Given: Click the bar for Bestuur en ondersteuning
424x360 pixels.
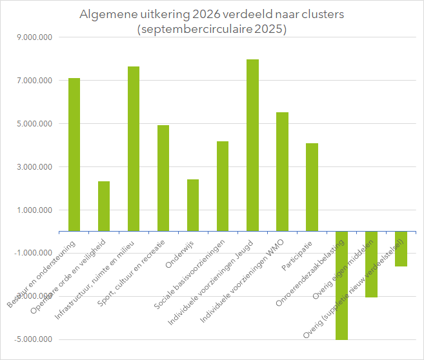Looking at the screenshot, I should point(74,154).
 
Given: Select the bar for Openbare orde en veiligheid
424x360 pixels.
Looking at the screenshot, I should point(104,206).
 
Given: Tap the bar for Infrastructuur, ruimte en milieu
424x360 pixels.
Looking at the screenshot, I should point(134,148).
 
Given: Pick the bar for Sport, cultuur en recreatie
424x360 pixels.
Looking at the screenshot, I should point(163,178).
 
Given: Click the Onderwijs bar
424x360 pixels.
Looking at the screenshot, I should point(193,205).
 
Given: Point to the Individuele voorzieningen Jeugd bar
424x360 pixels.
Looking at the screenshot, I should point(252,145).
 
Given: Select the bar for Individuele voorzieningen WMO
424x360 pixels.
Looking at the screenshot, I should point(282,172).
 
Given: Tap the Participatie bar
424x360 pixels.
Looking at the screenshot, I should point(312,187).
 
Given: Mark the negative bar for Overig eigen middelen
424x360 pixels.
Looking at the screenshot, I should point(371,264).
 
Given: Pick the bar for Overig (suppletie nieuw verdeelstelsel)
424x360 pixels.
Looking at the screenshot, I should point(401,248).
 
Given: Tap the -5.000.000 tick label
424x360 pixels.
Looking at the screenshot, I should point(35,339).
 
